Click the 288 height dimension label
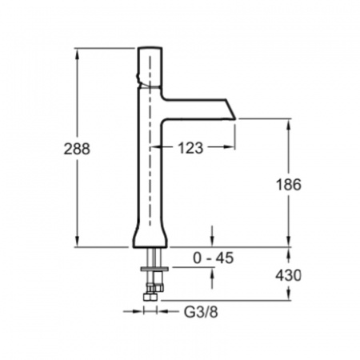77,149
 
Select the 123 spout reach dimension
190,148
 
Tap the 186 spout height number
289,185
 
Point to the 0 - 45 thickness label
213,258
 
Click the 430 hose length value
288,275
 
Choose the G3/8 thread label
201,312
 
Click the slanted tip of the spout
230,110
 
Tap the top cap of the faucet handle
150,50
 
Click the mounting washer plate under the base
154,269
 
